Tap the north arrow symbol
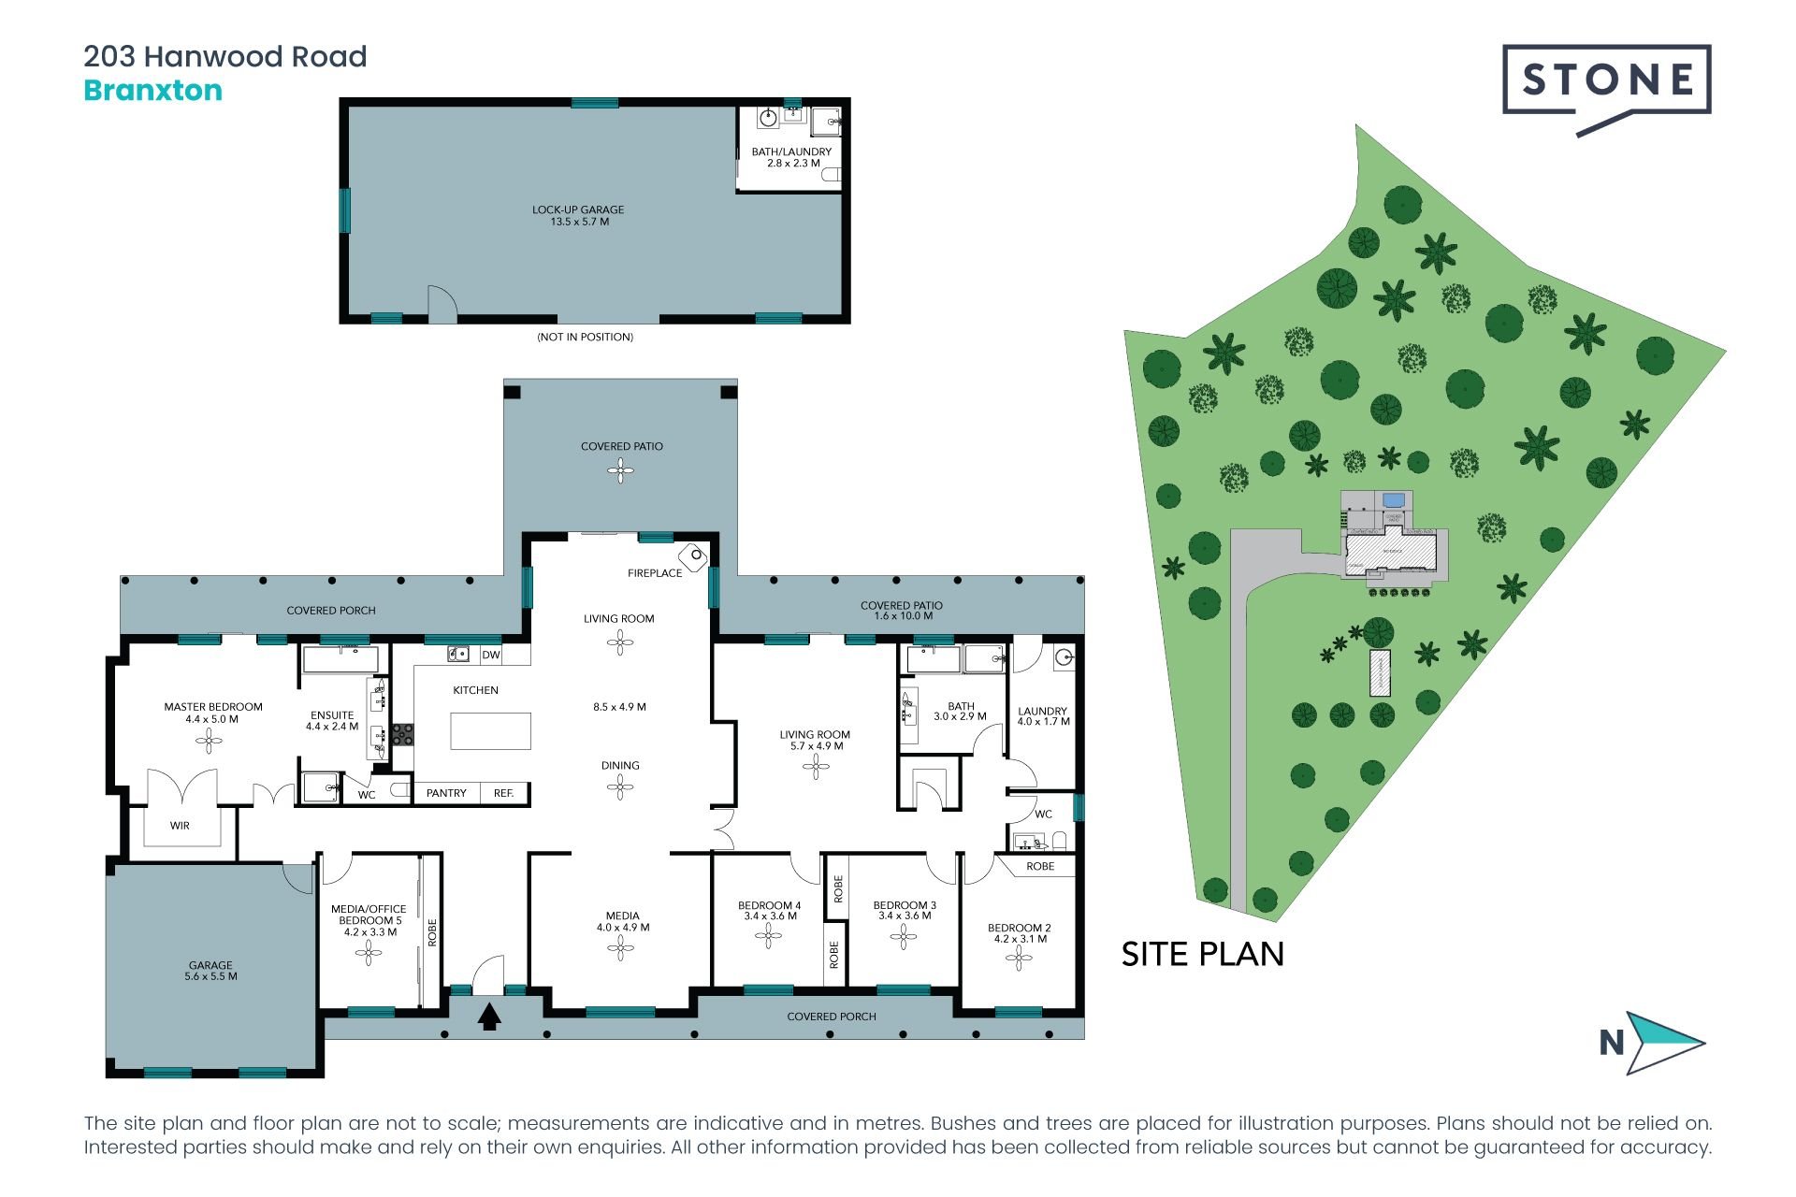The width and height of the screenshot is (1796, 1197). tap(1662, 1042)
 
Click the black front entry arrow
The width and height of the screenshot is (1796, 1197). tap(488, 1017)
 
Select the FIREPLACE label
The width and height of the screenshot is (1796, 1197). tap(654, 573)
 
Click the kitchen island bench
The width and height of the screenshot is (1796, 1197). tap(490, 731)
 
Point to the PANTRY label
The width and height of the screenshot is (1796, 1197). tap(446, 793)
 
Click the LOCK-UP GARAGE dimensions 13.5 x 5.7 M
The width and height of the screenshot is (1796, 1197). tap(579, 222)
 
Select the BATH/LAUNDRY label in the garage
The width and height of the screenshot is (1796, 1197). tap(791, 151)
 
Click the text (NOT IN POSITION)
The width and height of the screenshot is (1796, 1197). tap(585, 337)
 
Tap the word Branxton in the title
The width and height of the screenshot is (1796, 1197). tap(153, 91)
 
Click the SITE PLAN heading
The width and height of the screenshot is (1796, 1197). tap(1202, 954)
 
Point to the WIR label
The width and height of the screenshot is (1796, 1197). tap(180, 826)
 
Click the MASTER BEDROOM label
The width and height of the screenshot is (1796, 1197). tap(213, 707)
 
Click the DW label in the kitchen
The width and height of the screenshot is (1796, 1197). tap(491, 656)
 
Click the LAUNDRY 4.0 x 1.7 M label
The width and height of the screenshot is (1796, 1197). tap(1043, 716)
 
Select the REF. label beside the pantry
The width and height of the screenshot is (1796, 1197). tap(503, 793)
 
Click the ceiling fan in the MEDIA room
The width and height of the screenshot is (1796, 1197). tap(620, 948)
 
